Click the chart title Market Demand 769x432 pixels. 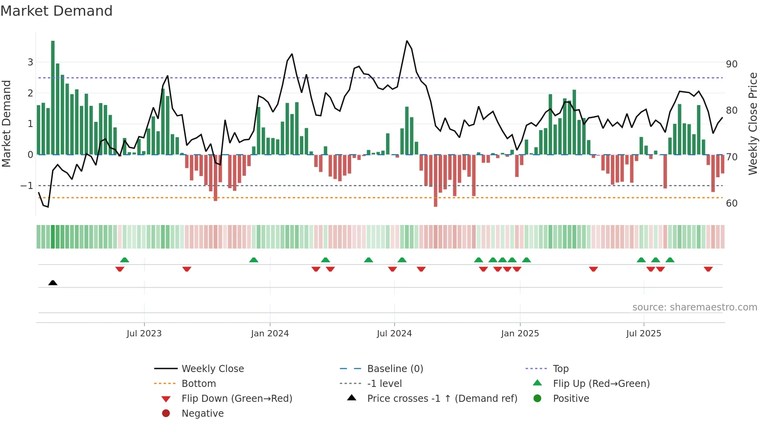(56, 11)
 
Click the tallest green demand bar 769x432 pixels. (53, 98)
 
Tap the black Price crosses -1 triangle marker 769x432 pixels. (53, 283)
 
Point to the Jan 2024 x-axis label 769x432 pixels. (270, 334)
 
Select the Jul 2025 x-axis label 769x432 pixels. (643, 334)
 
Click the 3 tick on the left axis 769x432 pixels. (30, 62)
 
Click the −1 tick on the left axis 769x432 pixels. (27, 186)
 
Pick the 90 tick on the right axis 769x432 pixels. (731, 64)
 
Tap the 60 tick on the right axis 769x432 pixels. (731, 203)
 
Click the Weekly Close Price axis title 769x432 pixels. (753, 123)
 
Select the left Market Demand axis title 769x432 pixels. (6, 123)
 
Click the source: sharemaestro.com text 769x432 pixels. (694, 307)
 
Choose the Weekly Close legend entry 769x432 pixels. (212, 369)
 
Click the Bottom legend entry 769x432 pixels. (199, 384)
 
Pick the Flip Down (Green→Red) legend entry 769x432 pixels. (237, 399)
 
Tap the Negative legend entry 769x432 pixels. (202, 414)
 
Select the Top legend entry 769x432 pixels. (560, 369)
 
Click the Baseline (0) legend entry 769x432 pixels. (395, 369)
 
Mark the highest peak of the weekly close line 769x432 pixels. (407, 41)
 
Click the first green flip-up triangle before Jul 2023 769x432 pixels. (124, 260)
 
